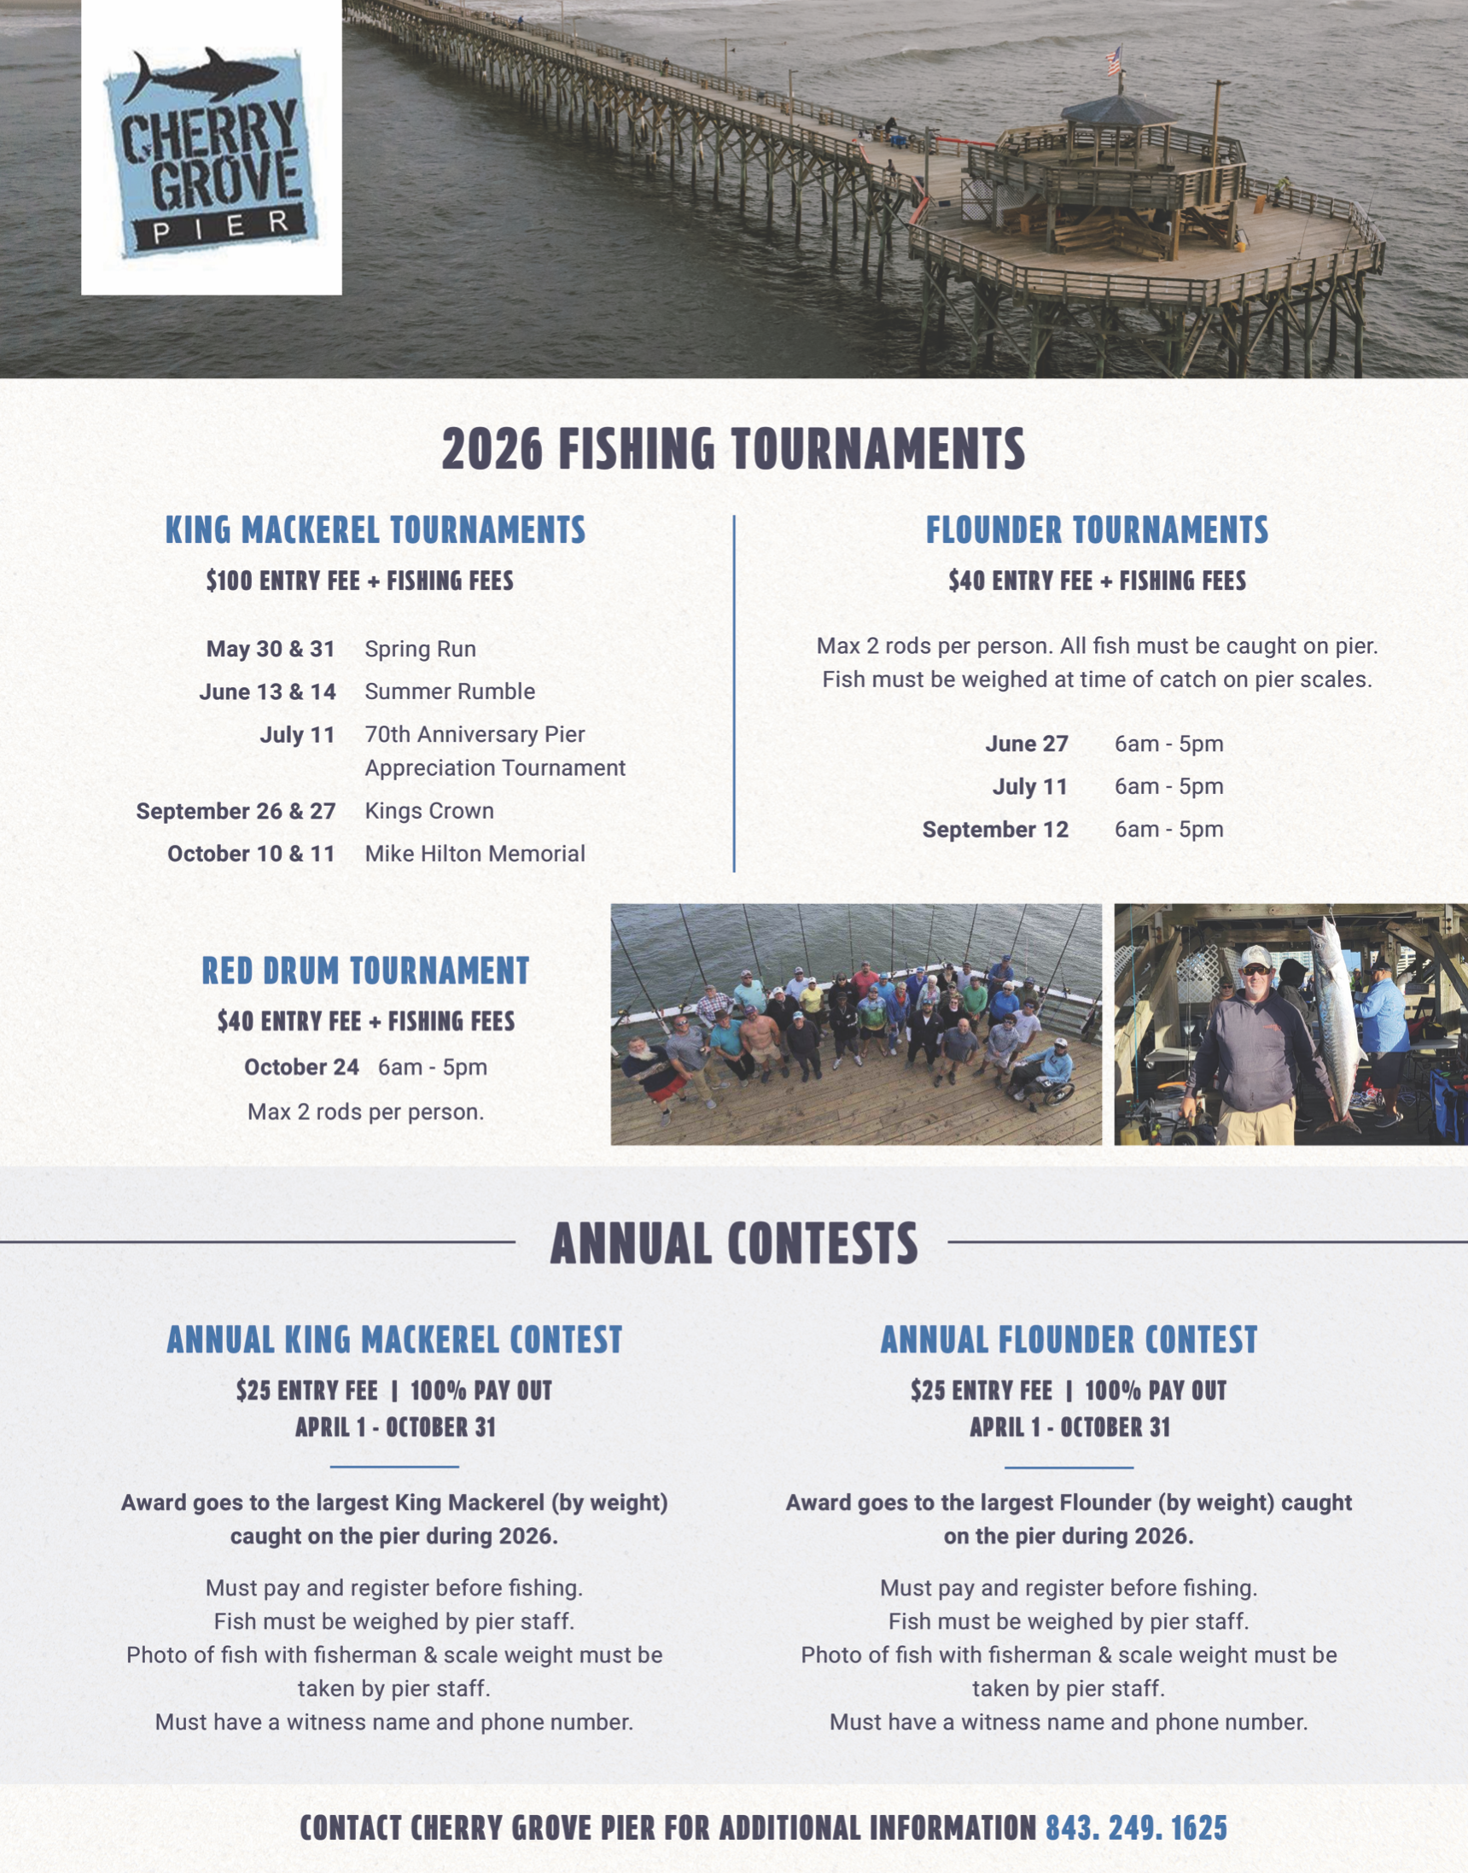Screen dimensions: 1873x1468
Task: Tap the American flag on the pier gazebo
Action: point(1114,60)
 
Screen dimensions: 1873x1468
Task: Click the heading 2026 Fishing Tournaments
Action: point(733,449)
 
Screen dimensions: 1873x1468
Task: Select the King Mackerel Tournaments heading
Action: point(375,529)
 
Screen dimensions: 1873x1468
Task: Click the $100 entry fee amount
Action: point(228,581)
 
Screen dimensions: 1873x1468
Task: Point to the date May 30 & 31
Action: point(270,649)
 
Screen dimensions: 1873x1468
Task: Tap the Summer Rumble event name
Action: point(450,692)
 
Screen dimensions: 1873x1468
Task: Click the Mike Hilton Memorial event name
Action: point(475,854)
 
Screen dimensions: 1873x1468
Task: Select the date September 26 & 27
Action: point(236,810)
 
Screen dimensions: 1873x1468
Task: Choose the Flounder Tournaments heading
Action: point(1097,529)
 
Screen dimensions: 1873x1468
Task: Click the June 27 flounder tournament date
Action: point(1026,744)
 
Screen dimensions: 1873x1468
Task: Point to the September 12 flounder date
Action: point(995,830)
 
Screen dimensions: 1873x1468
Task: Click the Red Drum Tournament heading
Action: point(365,971)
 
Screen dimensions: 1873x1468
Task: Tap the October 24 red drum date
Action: point(300,1067)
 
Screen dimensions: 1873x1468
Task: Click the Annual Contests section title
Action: point(733,1243)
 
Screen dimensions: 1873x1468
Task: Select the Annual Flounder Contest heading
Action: point(1069,1339)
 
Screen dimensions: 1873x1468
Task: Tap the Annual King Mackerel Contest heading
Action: point(394,1339)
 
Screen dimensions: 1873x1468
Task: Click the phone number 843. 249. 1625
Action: point(1135,1828)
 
